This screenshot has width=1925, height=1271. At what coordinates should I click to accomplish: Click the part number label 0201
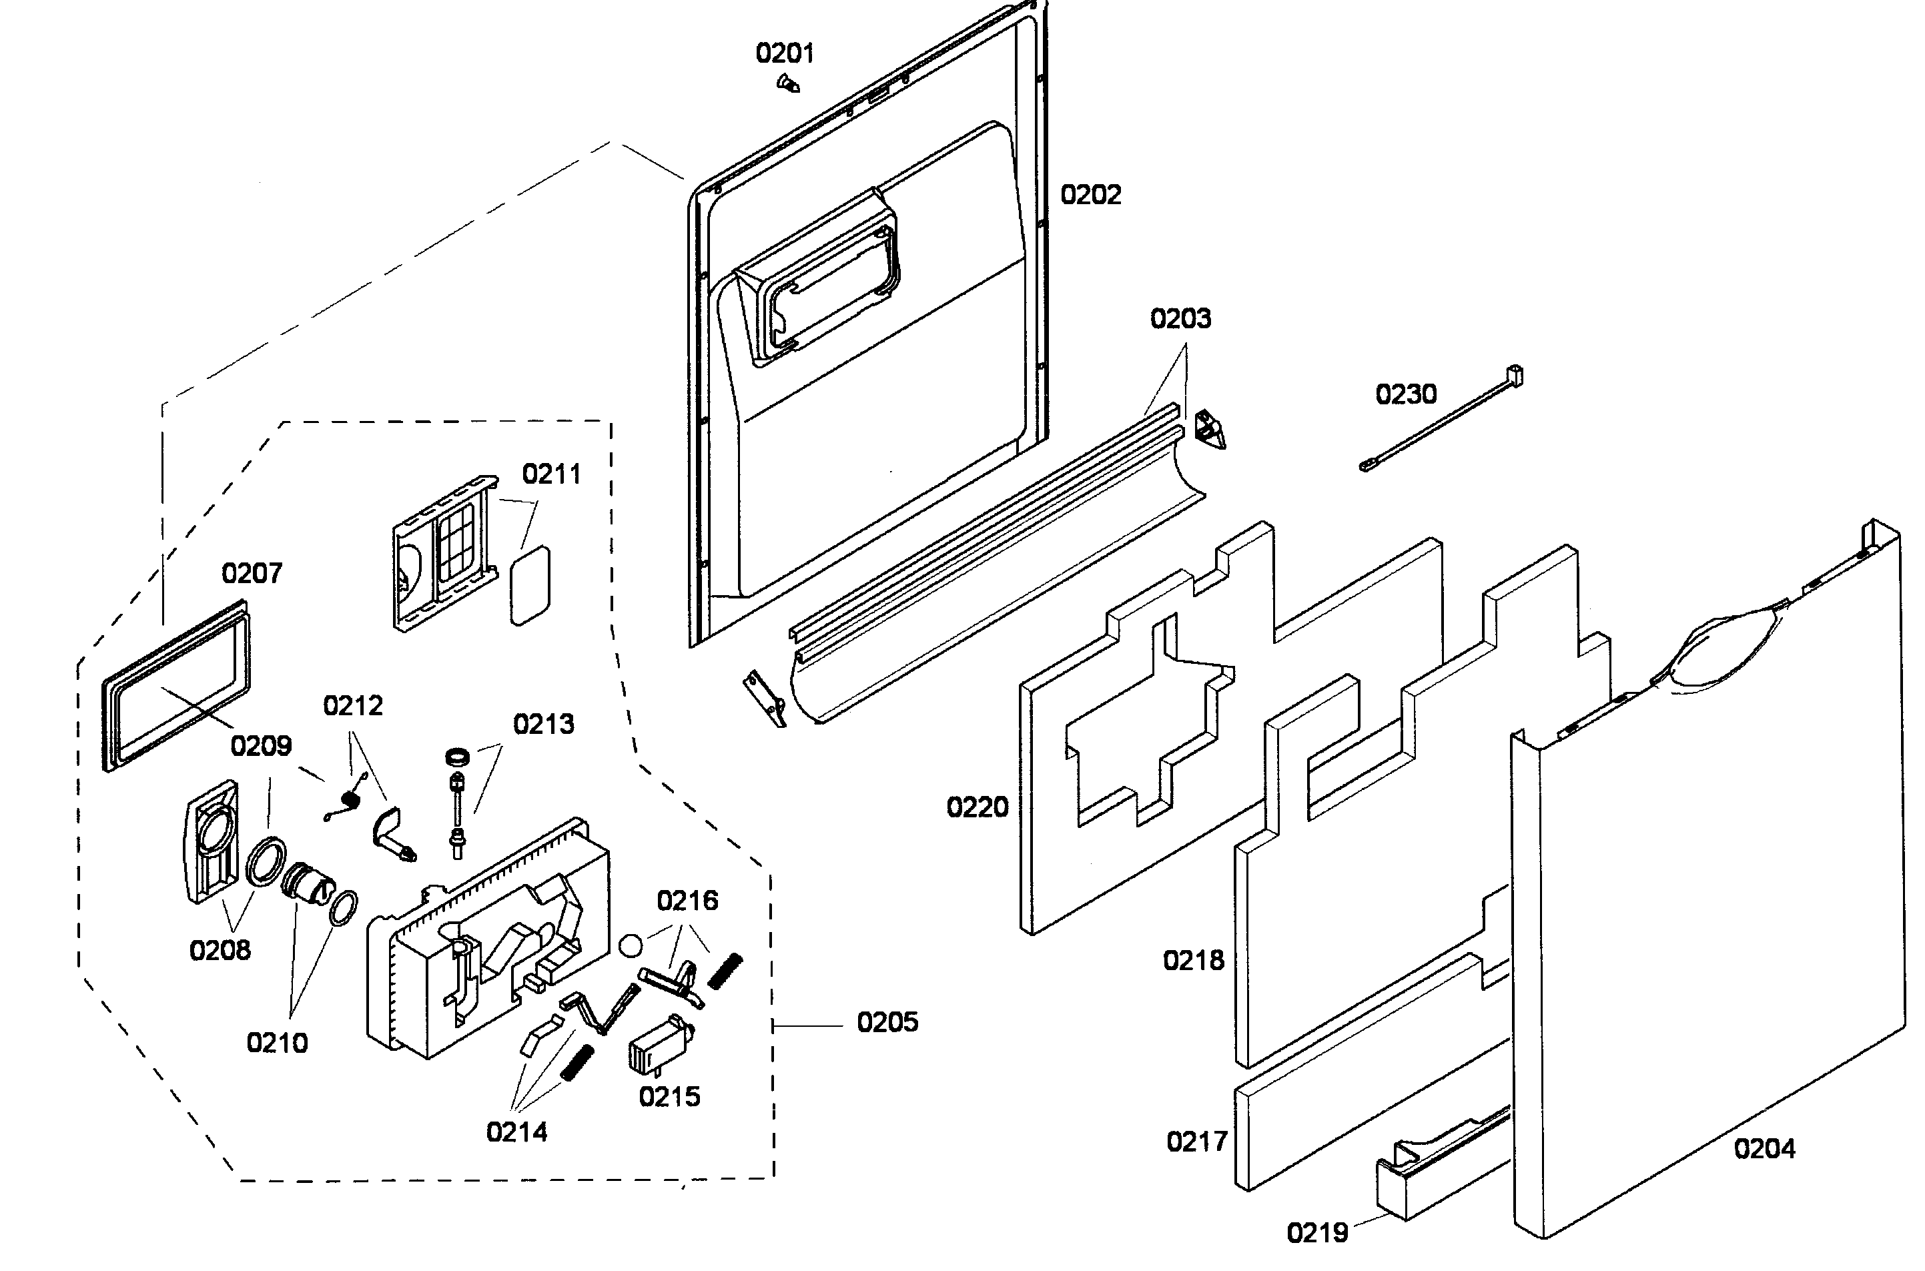click(x=784, y=53)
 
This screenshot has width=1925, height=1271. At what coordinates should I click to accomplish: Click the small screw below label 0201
click(x=786, y=83)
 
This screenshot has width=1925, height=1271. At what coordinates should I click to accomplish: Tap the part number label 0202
click(x=1090, y=195)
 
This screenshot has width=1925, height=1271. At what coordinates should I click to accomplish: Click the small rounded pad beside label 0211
click(x=529, y=585)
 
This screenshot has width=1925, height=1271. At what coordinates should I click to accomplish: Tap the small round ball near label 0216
click(x=630, y=945)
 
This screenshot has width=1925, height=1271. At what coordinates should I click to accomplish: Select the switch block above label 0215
click(x=660, y=1045)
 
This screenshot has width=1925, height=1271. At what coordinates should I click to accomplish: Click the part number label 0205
click(x=887, y=1023)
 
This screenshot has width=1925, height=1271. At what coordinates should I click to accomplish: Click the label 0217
click(x=1196, y=1142)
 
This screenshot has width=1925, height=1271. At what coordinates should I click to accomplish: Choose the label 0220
click(x=977, y=807)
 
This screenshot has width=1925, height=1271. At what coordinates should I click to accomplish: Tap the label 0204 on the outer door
click(x=1764, y=1149)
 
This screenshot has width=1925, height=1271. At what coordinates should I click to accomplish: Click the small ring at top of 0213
click(x=458, y=757)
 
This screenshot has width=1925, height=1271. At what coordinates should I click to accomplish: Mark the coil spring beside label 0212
click(x=350, y=800)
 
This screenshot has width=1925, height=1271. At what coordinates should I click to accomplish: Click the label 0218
click(x=1193, y=961)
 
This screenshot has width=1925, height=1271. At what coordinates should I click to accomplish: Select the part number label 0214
click(x=516, y=1132)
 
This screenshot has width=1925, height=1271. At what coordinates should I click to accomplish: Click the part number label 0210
click(x=277, y=1043)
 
